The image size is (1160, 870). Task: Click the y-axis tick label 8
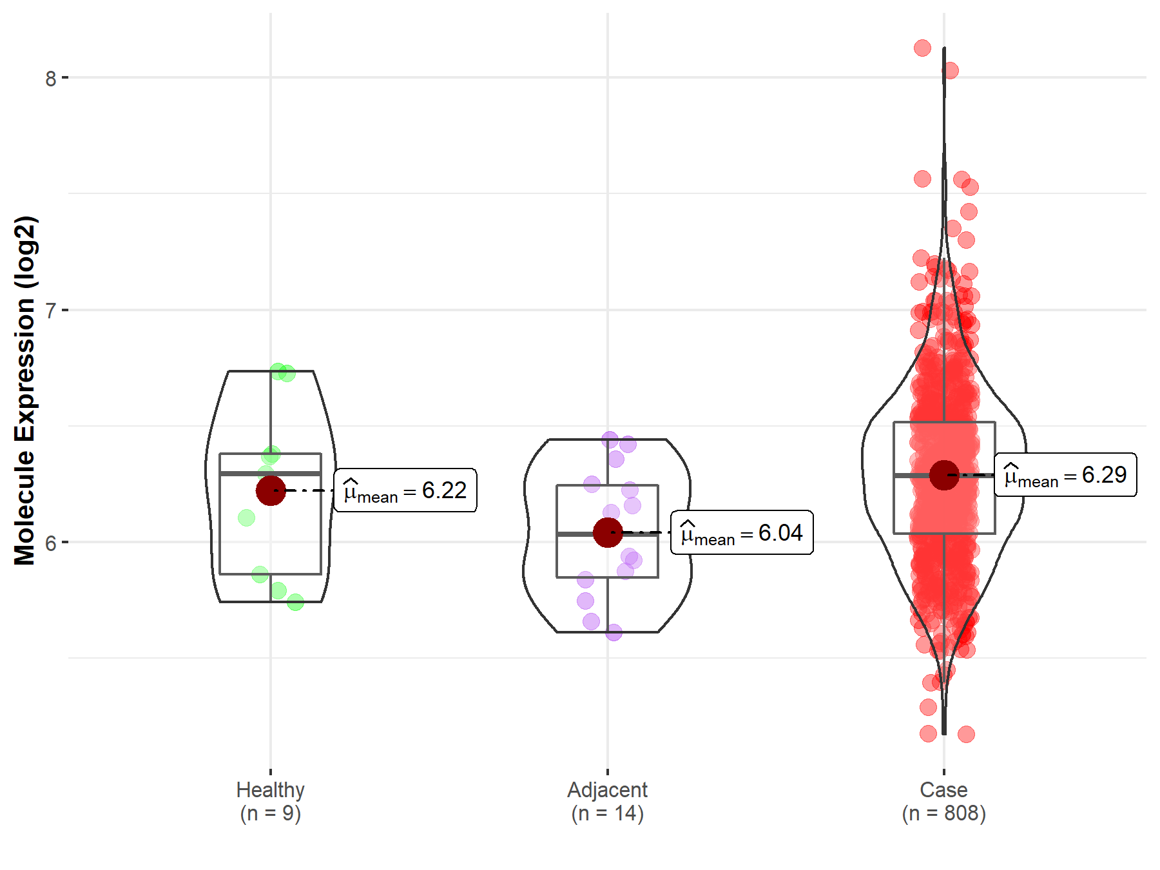coord(50,79)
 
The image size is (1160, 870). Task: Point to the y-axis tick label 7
coord(50,311)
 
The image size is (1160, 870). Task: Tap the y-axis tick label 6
coord(50,543)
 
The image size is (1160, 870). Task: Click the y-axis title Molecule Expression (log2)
coord(24,391)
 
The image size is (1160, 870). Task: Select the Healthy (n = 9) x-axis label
coord(270,801)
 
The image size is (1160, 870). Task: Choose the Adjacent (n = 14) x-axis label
coord(607,801)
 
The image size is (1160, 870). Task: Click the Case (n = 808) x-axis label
coord(943,801)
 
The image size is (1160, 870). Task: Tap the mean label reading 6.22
coord(405,490)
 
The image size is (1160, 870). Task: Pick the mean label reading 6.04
coord(742,533)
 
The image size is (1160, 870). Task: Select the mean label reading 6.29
coord(1065,475)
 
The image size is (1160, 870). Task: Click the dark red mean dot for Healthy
coord(271,490)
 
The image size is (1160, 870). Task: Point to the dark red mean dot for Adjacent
coord(607,532)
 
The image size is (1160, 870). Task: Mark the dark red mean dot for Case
coord(944,475)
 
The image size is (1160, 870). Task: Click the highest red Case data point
coord(922,48)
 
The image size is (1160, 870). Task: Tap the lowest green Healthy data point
coord(295,603)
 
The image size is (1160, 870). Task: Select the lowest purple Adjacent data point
coord(614,632)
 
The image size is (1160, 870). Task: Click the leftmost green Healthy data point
coord(246,517)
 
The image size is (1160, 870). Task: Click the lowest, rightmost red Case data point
coord(965,734)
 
